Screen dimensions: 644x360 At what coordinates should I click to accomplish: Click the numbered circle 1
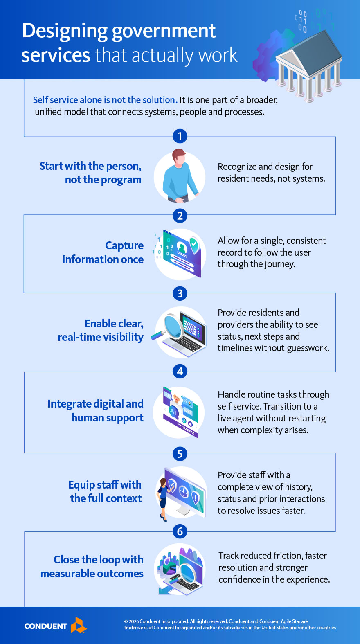click(180, 136)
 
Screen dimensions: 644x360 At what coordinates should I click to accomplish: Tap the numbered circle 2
click(180, 216)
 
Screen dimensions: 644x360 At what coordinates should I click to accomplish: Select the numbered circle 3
click(180, 293)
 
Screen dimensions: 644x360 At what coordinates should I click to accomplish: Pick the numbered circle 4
click(180, 372)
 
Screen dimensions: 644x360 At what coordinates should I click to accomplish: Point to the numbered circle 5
click(180, 453)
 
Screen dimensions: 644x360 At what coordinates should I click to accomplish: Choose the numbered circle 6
click(180, 531)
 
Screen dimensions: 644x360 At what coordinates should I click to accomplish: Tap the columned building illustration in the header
click(309, 65)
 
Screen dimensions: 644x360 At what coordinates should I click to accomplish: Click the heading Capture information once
click(103, 252)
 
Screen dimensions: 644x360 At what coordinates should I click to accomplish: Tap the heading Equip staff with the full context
click(106, 491)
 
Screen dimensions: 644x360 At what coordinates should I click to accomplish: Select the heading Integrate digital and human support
click(96, 411)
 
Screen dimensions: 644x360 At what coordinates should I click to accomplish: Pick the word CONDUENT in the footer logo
click(46, 626)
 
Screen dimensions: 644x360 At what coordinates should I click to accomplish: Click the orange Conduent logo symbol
click(79, 625)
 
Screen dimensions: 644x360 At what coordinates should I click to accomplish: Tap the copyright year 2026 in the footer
click(134, 621)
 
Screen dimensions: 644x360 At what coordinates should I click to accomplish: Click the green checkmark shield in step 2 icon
click(193, 244)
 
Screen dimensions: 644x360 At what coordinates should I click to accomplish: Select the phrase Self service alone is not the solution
click(105, 100)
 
